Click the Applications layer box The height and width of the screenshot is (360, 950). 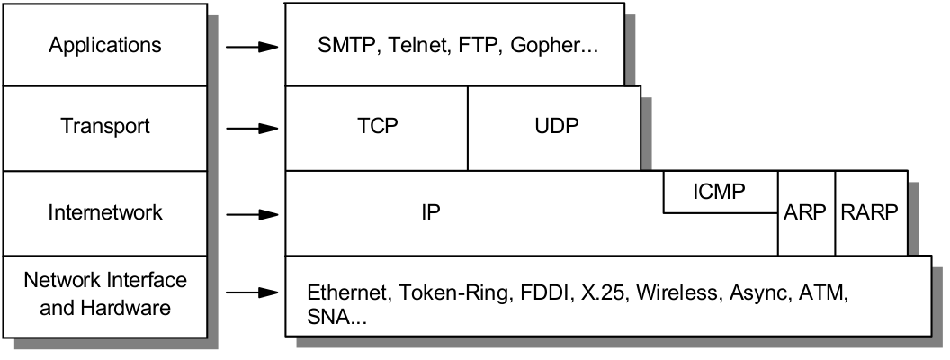[105, 44]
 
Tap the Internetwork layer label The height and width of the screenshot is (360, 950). [105, 213]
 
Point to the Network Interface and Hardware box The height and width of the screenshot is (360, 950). [105, 294]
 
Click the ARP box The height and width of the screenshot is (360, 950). [806, 213]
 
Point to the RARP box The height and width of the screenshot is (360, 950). [868, 213]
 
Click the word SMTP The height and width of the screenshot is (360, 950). [345, 45]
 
